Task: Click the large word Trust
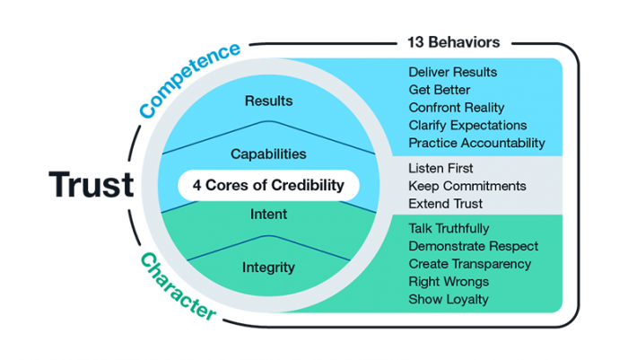pos(91,185)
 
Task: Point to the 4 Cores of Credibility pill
pos(268,186)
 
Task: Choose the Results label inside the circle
pos(268,101)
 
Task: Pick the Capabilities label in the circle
pos(268,154)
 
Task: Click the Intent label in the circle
pos(268,215)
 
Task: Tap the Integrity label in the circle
pos(268,267)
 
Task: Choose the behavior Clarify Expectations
pos(467,126)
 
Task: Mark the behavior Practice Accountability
pos(476,143)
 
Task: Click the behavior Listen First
pos(442,168)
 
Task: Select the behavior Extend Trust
pos(446,203)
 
